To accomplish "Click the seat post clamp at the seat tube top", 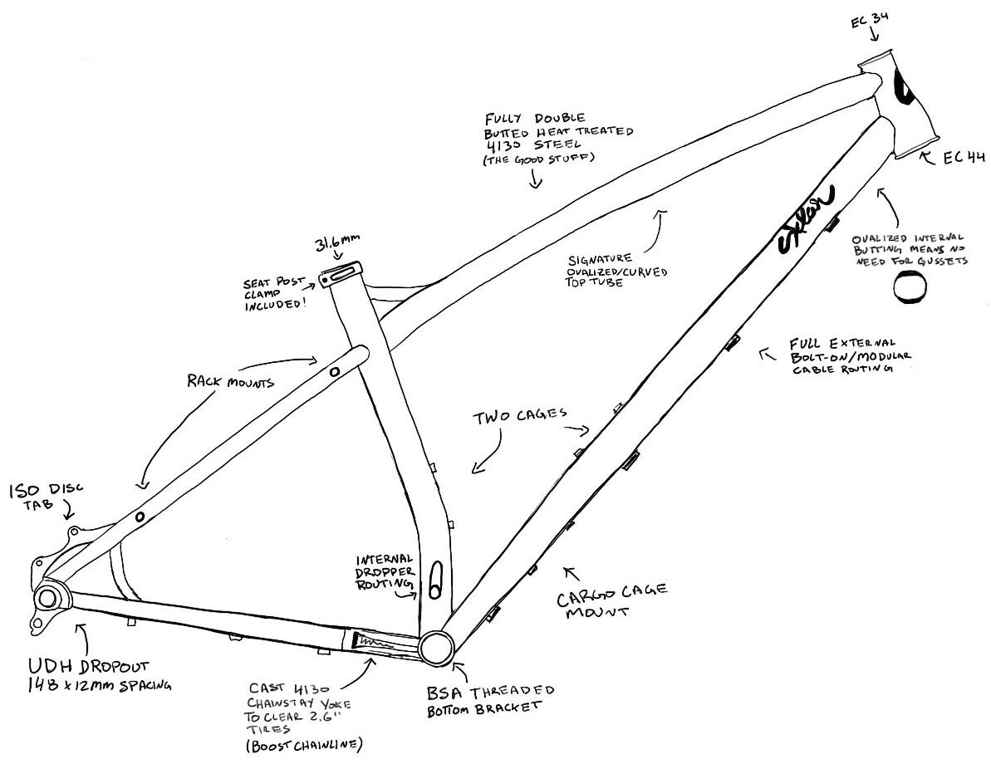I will coord(341,274).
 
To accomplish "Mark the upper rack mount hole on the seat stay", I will coord(335,373).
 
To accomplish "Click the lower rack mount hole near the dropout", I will coord(139,517).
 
